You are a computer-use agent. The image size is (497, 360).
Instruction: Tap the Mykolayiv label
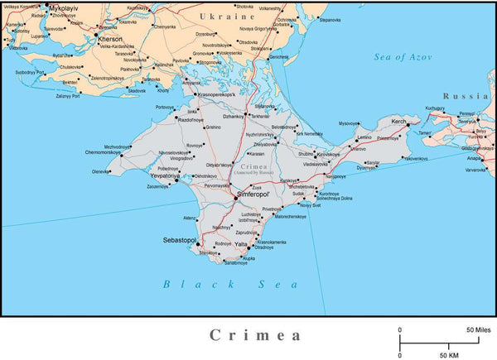pyautogui.click(x=65, y=7)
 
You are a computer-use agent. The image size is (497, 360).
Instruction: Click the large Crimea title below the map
pyautogui.click(x=254, y=335)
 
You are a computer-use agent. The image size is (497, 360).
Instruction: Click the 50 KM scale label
pyautogui.click(x=449, y=354)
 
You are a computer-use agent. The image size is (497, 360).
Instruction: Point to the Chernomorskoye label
pyautogui.click(x=108, y=153)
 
